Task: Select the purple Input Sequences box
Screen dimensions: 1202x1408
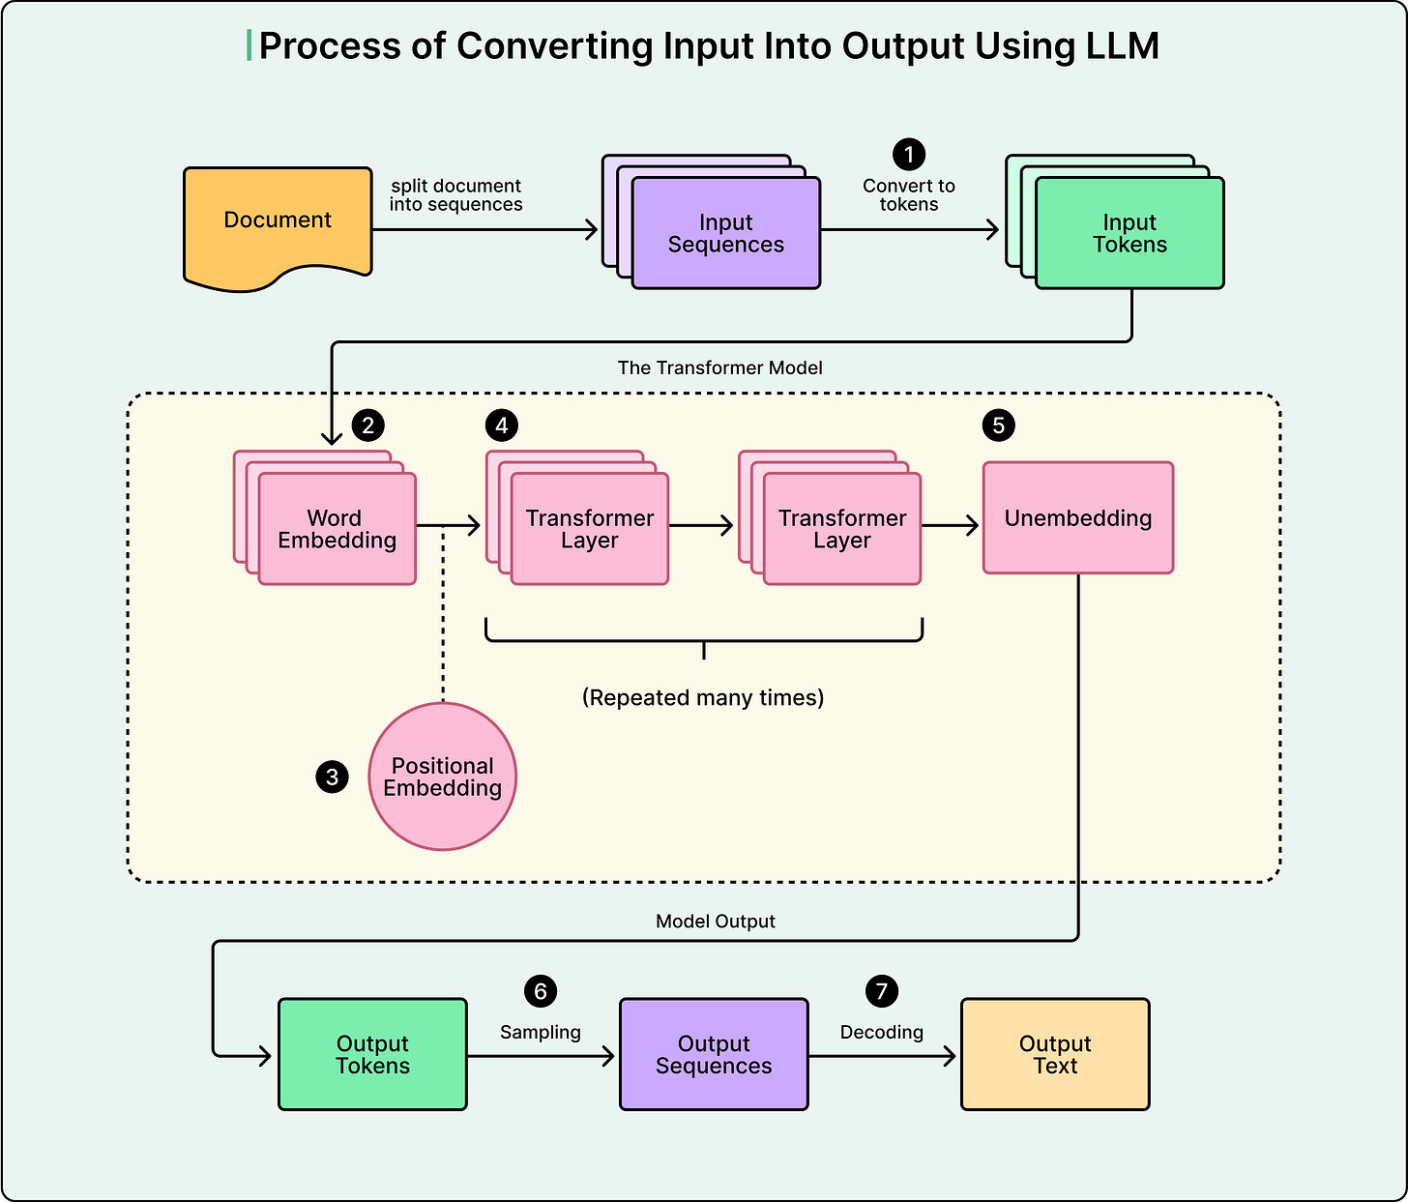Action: (x=725, y=233)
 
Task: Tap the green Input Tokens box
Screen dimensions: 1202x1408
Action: (x=1129, y=233)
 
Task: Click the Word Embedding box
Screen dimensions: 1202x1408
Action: (x=337, y=529)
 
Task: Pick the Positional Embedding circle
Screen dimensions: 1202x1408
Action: (x=443, y=777)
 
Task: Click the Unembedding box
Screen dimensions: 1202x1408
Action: (x=1078, y=518)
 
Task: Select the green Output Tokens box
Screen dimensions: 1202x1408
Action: (x=372, y=1054)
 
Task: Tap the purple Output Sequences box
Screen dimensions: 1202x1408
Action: (x=714, y=1054)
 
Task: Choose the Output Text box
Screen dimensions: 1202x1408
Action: (x=1055, y=1054)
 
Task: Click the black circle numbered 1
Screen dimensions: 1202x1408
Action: (x=908, y=154)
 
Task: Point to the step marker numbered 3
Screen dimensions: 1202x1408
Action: (x=333, y=777)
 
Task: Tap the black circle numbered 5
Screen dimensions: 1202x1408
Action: (x=999, y=425)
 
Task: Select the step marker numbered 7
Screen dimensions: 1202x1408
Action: (x=881, y=990)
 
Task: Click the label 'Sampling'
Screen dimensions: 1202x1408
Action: (x=541, y=1032)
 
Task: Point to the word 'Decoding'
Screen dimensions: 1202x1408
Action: (x=881, y=1032)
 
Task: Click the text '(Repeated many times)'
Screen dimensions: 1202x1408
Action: (x=703, y=697)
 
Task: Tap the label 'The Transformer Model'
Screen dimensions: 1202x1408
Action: (x=720, y=367)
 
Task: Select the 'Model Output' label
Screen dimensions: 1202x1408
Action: (x=716, y=922)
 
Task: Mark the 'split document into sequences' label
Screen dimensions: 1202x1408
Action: (x=456, y=195)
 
